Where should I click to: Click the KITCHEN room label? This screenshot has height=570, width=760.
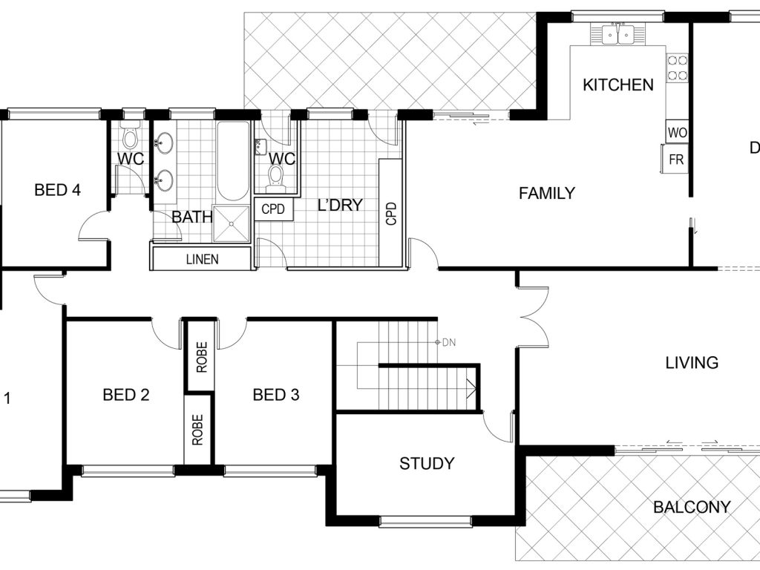coord(618,85)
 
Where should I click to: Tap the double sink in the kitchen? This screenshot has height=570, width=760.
coord(618,33)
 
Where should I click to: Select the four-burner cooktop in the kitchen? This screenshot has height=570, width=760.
coord(678,68)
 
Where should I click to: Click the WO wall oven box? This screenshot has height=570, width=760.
coord(677,132)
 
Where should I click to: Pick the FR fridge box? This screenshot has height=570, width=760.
coord(675,159)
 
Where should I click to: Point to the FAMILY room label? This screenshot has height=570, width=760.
coord(547,194)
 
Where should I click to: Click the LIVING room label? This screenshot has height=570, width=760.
coord(692,362)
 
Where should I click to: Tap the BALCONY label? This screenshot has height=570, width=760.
coord(692,507)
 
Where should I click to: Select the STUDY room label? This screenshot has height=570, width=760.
coord(427,463)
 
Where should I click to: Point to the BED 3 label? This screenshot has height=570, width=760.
coord(276,395)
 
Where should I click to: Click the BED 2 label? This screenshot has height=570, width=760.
coord(126,395)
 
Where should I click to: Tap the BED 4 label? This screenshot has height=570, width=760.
coord(57,189)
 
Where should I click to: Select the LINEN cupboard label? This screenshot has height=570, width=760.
coord(202,259)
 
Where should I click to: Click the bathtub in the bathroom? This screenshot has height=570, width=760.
coord(232,161)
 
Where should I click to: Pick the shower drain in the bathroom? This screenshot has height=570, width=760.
coord(232,223)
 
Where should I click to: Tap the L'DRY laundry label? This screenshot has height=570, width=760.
coord(340,205)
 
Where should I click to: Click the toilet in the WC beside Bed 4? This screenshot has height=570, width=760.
coord(130,137)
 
